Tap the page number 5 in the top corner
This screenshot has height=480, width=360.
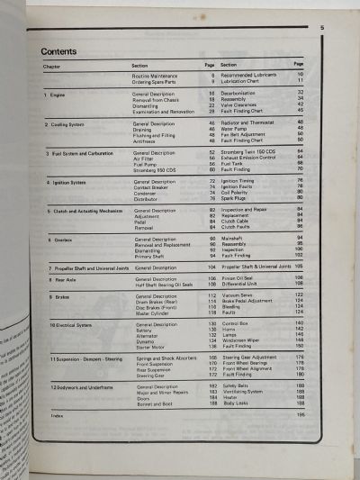coord(321,29)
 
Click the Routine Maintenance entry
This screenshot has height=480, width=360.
coord(155,76)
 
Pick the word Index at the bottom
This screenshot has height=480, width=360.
coord(58,416)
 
